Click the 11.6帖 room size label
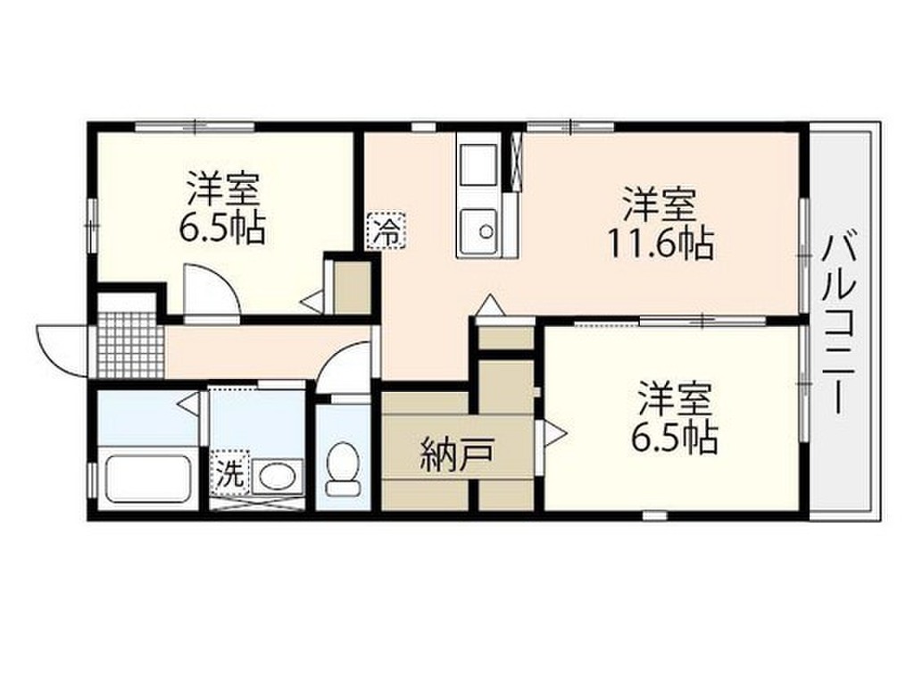point(661,243)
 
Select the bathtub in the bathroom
point(149,480)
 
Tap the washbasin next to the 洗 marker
point(276,476)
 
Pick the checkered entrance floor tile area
point(130,344)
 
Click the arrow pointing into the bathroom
point(189,404)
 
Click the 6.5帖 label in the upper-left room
point(223,230)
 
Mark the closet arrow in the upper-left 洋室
point(312,301)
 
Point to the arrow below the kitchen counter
point(489,305)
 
